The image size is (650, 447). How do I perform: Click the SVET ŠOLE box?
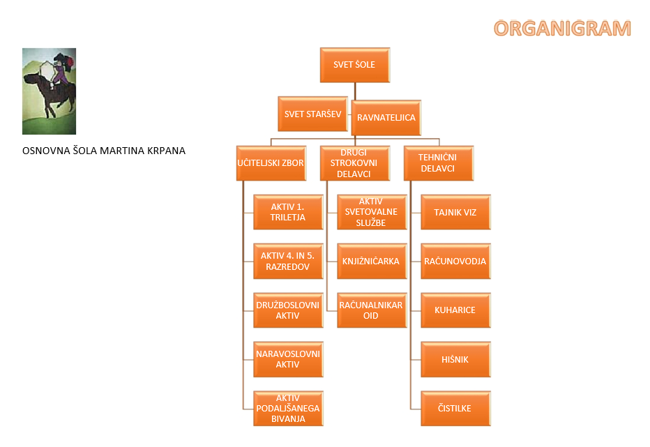(355, 65)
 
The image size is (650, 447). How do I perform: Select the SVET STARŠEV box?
(312, 114)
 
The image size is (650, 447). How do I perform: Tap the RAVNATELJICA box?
(386, 118)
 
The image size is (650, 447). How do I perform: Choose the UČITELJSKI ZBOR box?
(271, 163)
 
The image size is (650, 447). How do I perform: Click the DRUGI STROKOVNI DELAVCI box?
(355, 163)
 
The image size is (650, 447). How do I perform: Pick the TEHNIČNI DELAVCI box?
(439, 163)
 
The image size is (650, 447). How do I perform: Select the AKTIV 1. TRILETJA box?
(288, 212)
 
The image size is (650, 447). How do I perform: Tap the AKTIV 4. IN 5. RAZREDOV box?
(288, 262)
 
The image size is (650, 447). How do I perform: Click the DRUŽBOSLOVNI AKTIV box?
(288, 310)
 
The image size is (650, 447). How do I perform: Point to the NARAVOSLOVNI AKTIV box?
(288, 359)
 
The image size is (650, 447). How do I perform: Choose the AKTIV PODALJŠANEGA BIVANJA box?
(288, 409)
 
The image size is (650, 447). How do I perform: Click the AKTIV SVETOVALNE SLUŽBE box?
(372, 212)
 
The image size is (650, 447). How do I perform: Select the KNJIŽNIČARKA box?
(372, 262)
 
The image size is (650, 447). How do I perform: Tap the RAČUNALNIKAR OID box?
(372, 310)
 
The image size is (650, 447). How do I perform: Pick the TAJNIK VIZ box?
(455, 212)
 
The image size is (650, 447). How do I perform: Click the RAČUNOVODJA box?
(455, 262)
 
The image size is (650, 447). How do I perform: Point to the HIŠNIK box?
(455, 359)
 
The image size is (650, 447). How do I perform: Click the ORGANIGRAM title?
(562, 29)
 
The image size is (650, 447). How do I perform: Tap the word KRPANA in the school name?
(166, 151)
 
